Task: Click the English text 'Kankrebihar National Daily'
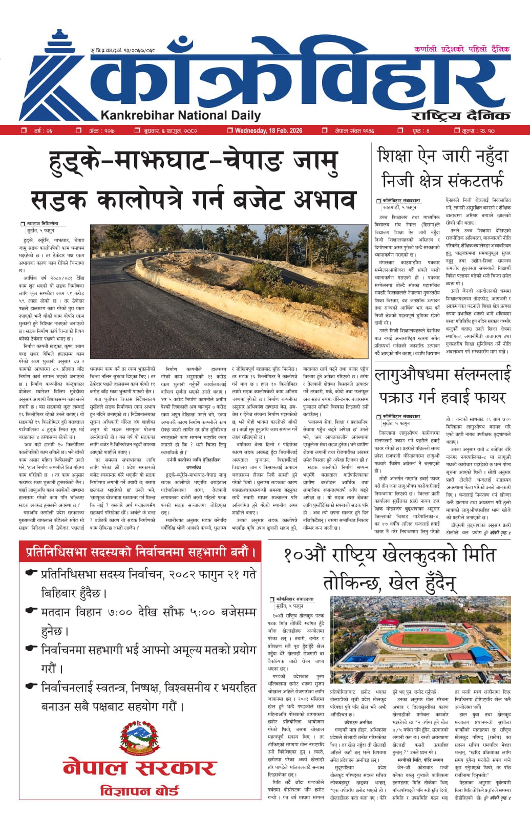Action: pos(181,116)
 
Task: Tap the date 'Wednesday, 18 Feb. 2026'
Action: pos(268,131)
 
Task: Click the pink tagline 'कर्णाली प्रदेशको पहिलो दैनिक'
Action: pos(462,49)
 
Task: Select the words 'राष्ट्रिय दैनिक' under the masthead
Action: pos(461,115)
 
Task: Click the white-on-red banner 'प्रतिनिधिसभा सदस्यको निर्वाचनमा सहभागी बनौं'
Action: pos(139,552)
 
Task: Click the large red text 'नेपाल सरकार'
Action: pos(139,767)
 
